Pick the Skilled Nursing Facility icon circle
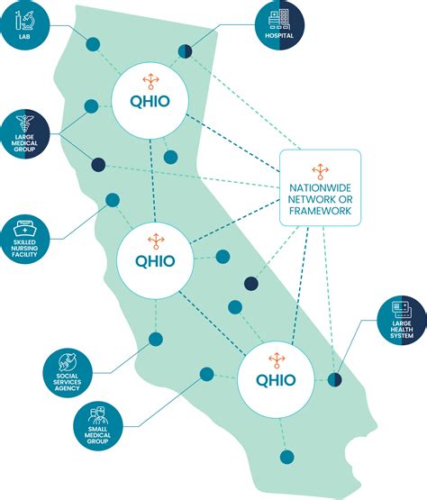click(25, 236)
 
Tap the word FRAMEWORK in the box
click(320, 213)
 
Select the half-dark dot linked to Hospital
click(185, 51)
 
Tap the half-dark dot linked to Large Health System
click(335, 379)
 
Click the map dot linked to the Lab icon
click(92, 44)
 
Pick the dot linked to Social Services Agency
click(155, 340)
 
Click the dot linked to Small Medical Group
click(206, 374)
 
